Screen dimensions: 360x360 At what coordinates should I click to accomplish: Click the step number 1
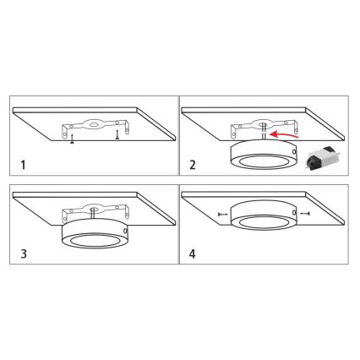[x=23, y=165]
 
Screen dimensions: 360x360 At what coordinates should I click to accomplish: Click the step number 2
[x=193, y=165]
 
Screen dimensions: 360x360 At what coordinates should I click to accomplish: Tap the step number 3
[x=24, y=254]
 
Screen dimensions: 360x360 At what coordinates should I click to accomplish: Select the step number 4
[x=193, y=254]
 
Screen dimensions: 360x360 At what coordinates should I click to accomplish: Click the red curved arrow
[x=283, y=134]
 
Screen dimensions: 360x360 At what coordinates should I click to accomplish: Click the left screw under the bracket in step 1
[x=73, y=139]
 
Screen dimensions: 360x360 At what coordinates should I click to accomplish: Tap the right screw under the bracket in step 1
[x=117, y=135]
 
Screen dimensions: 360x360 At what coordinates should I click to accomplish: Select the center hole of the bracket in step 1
[x=93, y=124]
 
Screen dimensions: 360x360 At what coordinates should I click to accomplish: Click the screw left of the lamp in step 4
[x=222, y=215]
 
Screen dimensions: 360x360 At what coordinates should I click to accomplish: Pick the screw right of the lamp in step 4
[x=305, y=214]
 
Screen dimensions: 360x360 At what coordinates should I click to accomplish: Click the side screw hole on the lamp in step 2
[x=295, y=152]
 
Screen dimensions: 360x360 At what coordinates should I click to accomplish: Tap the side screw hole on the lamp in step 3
[x=125, y=232]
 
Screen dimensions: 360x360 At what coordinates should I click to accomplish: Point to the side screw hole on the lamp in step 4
[x=295, y=213]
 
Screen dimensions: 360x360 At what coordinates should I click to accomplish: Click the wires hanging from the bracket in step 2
[x=264, y=131]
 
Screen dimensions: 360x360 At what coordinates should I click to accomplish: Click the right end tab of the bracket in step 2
[x=296, y=127]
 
